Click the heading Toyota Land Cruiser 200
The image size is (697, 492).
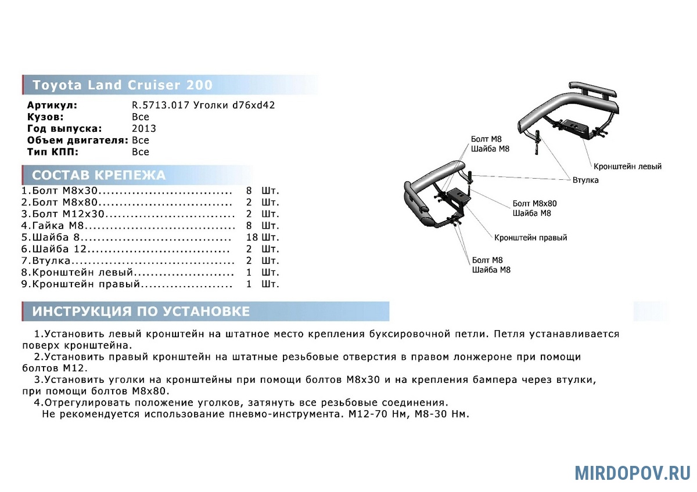[123, 85]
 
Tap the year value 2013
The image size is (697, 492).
[144, 129]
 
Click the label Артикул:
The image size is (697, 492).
[52, 106]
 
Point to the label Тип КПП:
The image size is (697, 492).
[52, 152]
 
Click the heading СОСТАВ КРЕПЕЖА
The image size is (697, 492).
[99, 175]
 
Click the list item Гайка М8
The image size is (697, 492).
[55, 225]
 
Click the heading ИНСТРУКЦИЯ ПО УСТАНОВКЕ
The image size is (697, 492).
[141, 312]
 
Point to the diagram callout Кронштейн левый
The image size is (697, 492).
[627, 167]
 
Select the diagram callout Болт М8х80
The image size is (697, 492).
[534, 204]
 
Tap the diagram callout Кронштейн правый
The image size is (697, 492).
[530, 238]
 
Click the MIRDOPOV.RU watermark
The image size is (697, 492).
[633, 473]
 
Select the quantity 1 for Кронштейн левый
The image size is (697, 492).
[249, 273]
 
